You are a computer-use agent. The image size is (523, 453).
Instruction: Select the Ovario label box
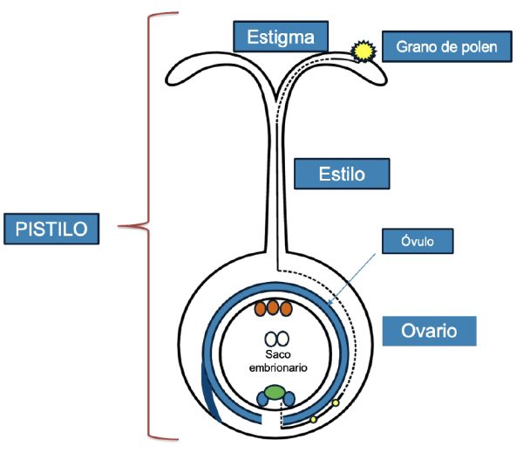click(x=431, y=331)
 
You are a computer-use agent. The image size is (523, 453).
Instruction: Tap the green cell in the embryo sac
click(x=276, y=394)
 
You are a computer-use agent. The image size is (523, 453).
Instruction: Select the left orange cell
click(x=261, y=308)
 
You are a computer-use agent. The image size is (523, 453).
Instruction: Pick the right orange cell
click(x=287, y=308)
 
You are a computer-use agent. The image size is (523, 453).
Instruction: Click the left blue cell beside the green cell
click(x=263, y=400)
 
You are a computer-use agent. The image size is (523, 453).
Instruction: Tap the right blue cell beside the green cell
click(x=289, y=400)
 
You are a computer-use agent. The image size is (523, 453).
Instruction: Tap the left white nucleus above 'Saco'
click(x=270, y=338)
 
